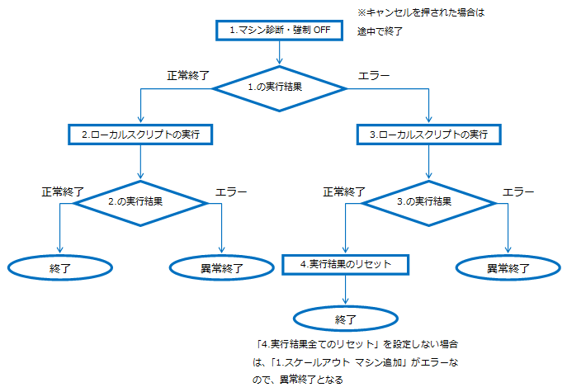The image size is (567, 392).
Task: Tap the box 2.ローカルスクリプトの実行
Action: click(x=141, y=134)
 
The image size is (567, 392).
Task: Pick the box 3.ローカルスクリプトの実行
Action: click(x=428, y=134)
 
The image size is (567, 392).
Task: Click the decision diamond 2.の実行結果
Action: click(x=140, y=201)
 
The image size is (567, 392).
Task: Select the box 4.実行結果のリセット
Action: click(x=345, y=264)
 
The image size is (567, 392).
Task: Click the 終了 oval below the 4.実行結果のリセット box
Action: click(x=345, y=318)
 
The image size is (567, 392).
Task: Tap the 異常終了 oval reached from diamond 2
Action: click(x=222, y=267)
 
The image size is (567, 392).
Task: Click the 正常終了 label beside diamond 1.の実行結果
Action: click(x=189, y=75)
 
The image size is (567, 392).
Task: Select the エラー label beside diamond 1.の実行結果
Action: click(x=373, y=75)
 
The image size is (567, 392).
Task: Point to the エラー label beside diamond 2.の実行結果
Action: click(x=231, y=191)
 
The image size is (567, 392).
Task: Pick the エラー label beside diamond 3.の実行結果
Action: click(x=519, y=191)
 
